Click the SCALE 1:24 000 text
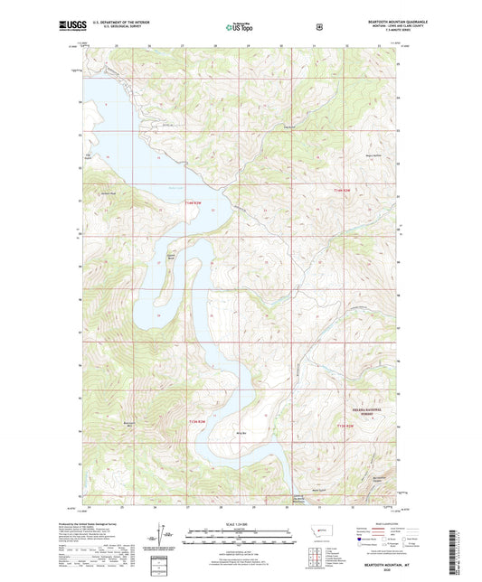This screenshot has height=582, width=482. (240, 523)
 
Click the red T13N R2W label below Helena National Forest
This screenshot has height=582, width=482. (344, 426)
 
